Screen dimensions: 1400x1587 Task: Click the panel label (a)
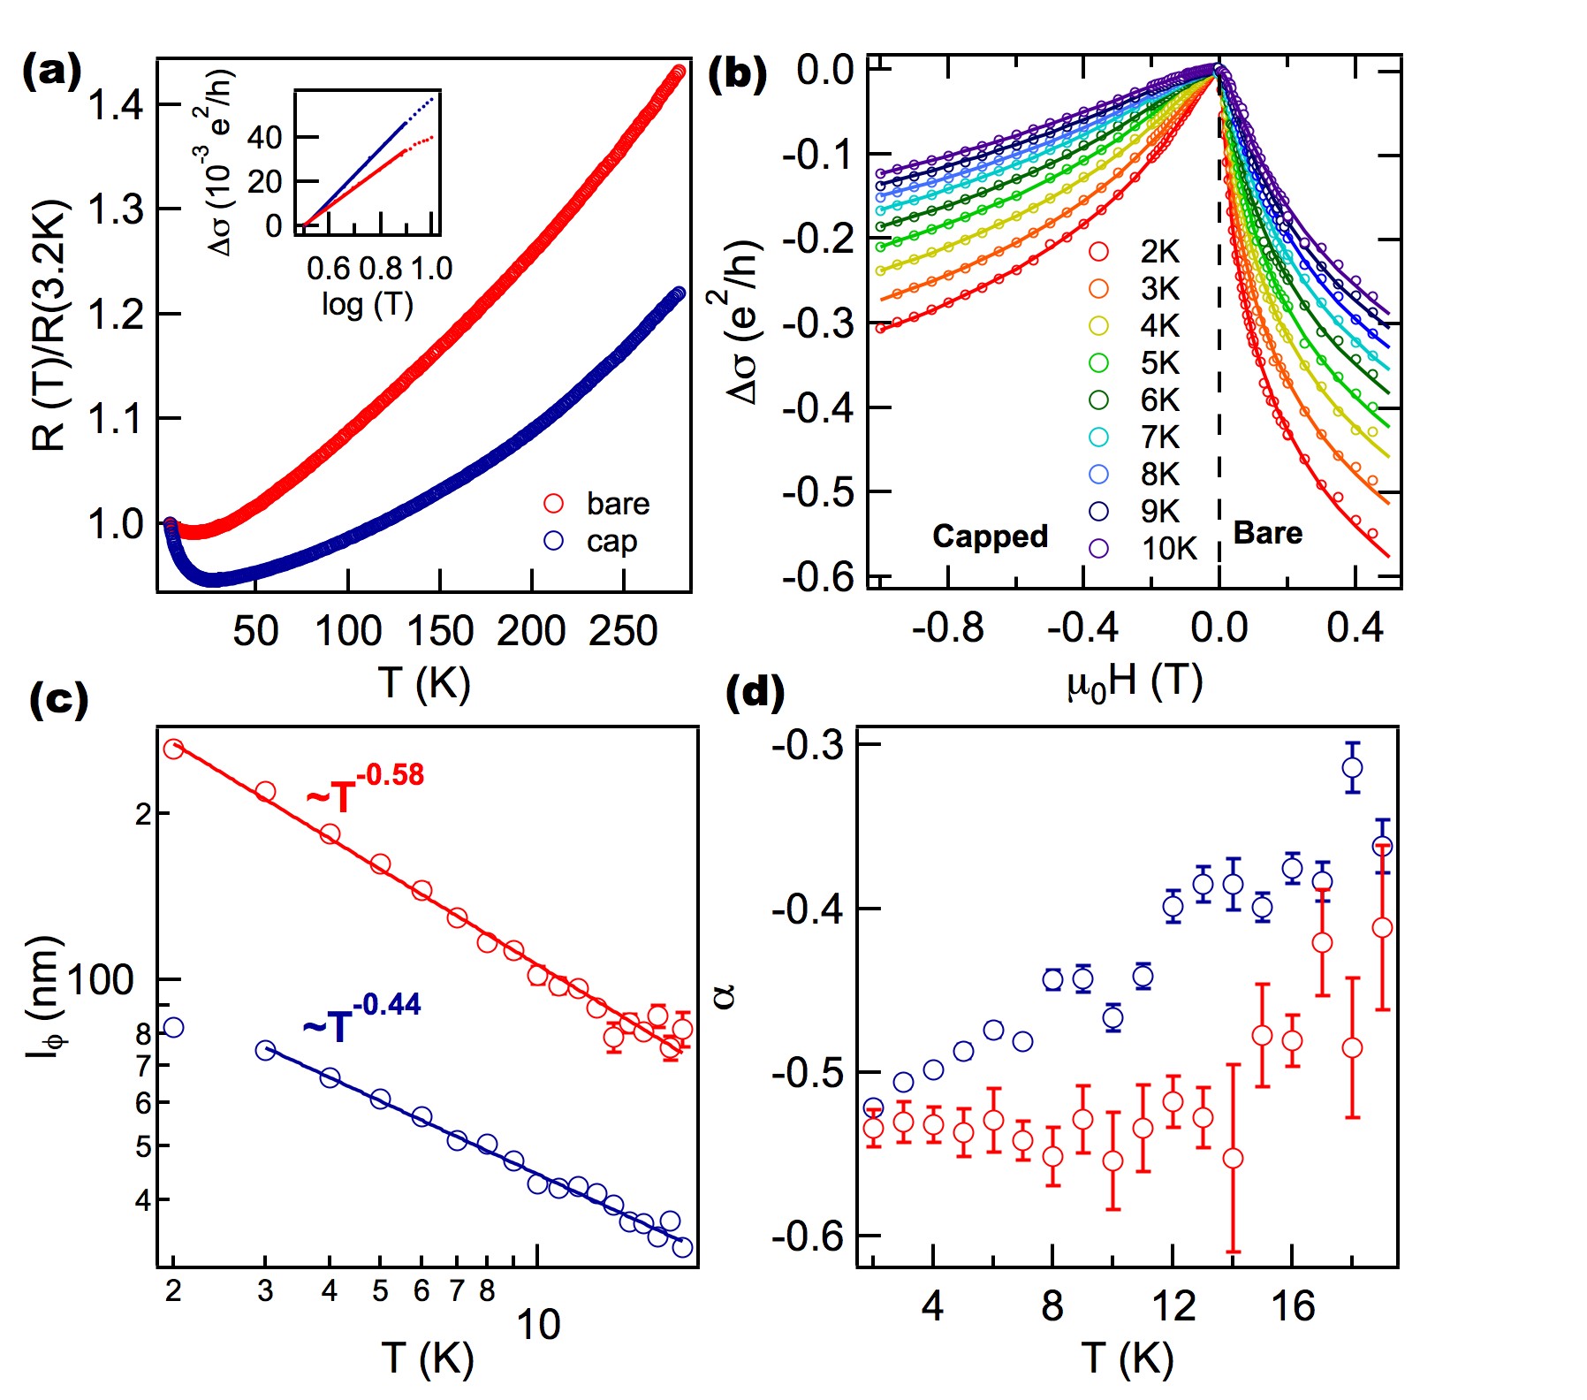(x=51, y=71)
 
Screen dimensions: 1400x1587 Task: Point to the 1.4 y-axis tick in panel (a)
(x=116, y=105)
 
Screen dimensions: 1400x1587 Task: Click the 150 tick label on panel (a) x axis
(x=440, y=631)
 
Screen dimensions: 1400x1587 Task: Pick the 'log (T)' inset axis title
(x=368, y=304)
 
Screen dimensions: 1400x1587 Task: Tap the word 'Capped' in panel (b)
(x=990, y=536)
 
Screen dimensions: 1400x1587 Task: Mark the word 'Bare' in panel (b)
(x=1267, y=533)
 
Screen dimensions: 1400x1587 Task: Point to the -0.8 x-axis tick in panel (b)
(x=947, y=628)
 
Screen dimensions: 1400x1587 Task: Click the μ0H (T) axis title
(x=1135, y=681)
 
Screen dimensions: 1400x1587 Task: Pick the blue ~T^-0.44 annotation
(x=361, y=1018)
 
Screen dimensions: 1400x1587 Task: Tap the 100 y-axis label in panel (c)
(x=100, y=980)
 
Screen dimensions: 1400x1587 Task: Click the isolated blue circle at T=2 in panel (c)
(x=173, y=1027)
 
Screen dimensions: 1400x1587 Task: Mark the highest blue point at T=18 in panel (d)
(x=1352, y=767)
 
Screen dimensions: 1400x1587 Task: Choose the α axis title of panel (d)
(x=725, y=996)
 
